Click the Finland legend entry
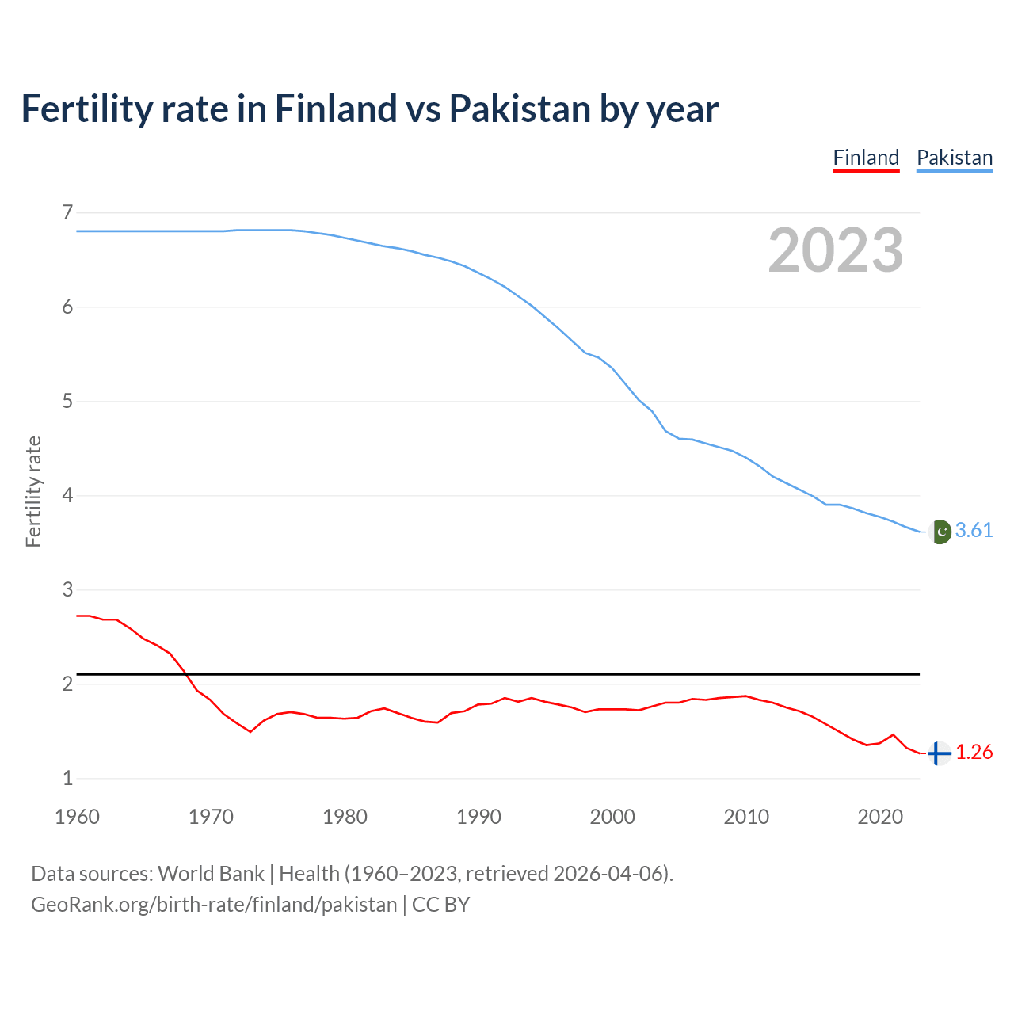[x=866, y=158]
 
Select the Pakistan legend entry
[x=954, y=158]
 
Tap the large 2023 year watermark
[x=835, y=250]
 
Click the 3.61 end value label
[x=974, y=531]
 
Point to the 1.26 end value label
[x=974, y=753]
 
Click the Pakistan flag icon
[x=940, y=532]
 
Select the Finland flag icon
[x=939, y=753]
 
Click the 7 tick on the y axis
[x=67, y=212]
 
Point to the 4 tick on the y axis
[x=67, y=496]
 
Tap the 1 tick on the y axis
[x=67, y=779]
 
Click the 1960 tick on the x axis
[x=77, y=817]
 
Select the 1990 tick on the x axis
[x=478, y=817]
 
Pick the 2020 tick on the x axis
[x=880, y=817]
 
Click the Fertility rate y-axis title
[x=33, y=491]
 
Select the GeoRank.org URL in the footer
[x=214, y=905]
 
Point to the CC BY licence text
[x=440, y=905]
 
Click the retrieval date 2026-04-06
[x=609, y=874]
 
